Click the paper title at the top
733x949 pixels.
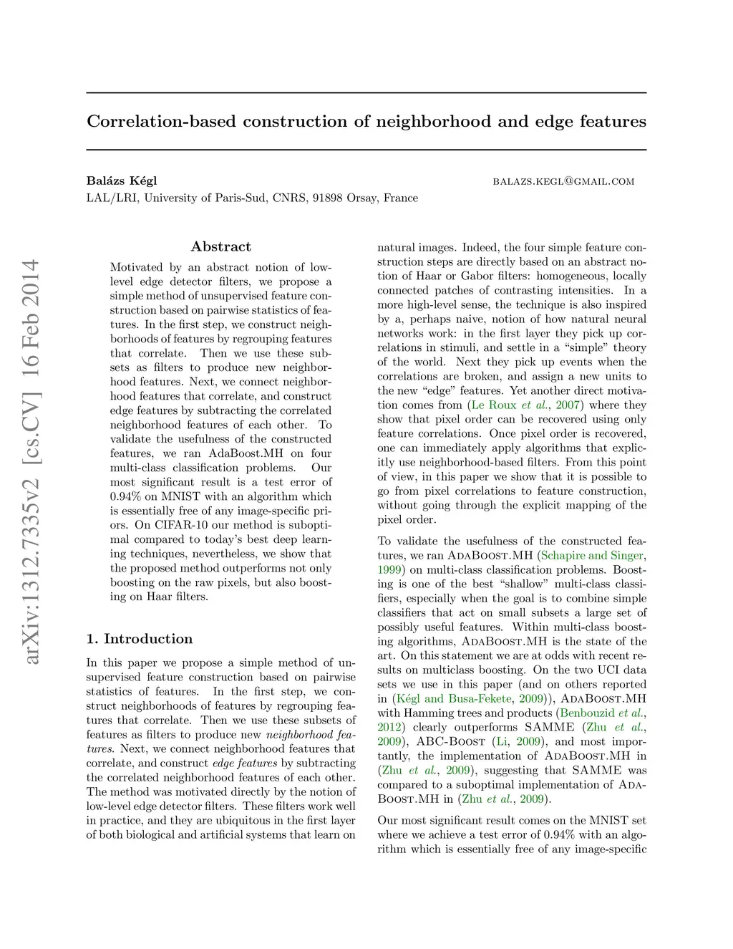[366, 121]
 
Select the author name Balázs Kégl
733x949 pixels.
[122, 180]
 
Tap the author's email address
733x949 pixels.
[563, 181]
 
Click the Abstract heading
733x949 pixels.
[220, 246]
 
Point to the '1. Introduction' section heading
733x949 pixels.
[140, 639]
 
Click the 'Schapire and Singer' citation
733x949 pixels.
[593, 555]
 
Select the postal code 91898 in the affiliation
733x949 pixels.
[327, 198]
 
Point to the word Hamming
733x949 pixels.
[429, 713]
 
